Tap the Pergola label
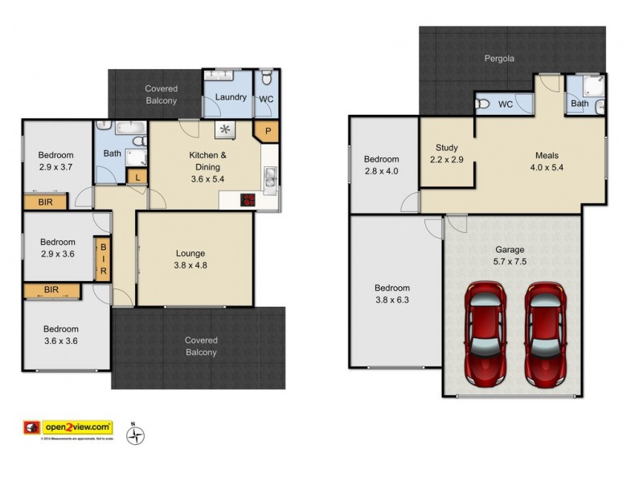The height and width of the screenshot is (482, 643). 498,59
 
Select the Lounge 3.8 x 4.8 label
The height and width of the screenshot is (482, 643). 190,259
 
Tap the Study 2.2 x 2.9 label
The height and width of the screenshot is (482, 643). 447,154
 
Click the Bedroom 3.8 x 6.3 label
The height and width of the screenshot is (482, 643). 392,295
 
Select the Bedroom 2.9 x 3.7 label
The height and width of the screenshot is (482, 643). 56,162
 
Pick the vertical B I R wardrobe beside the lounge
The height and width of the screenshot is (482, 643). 103,259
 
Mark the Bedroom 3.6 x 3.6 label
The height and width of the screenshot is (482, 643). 60,335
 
